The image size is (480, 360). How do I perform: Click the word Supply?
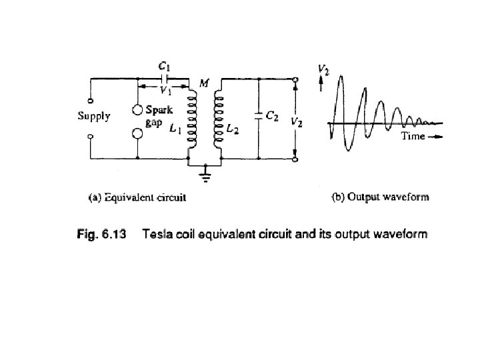(94, 115)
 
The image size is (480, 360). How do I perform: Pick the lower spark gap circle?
(137, 135)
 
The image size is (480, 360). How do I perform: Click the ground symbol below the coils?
(205, 177)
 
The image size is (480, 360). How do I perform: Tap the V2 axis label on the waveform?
(322, 68)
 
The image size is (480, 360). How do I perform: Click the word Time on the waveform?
(413, 136)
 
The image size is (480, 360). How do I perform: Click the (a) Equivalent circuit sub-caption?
(137, 197)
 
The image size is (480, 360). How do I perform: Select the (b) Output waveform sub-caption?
(381, 197)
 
